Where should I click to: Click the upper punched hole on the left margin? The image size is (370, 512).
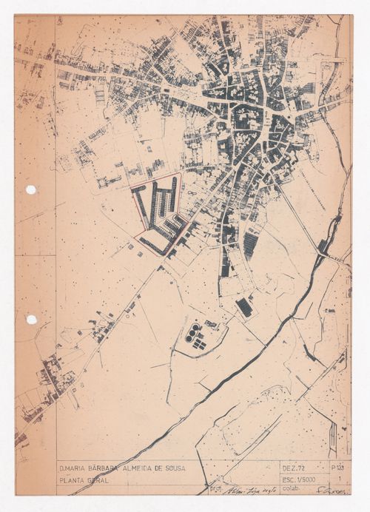(x=31, y=189)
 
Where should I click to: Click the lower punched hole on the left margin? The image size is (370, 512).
(x=31, y=320)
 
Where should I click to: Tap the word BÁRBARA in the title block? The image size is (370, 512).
(x=115, y=468)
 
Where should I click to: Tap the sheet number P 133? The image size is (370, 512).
(x=337, y=468)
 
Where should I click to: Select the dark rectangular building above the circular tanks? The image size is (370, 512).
(x=243, y=307)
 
